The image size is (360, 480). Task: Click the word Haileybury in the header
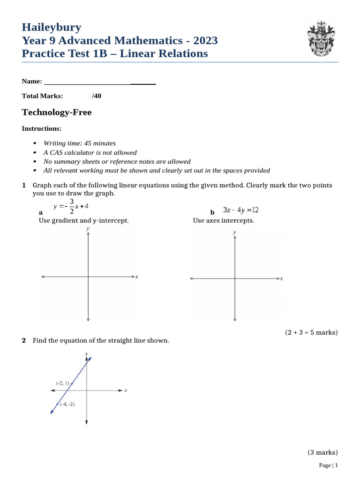point(52,27)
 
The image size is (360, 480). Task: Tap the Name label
point(32,82)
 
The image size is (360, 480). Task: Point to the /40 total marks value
point(97,96)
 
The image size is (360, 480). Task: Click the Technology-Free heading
point(57,112)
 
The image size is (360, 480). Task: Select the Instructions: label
point(42,128)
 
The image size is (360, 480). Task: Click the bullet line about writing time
point(79,143)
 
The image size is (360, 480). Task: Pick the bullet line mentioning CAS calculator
point(90,152)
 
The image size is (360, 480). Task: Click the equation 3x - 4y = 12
point(241,210)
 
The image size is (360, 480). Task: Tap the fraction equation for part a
point(71,206)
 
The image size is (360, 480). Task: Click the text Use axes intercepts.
point(224,221)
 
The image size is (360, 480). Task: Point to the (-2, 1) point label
point(62,383)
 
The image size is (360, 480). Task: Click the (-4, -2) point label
point(67,404)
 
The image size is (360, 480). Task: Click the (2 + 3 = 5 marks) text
point(311,332)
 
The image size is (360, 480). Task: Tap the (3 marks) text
point(322,452)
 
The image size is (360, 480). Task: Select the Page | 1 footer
point(328,465)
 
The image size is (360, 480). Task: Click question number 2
point(24,341)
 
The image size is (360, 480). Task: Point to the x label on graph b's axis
point(282,278)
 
